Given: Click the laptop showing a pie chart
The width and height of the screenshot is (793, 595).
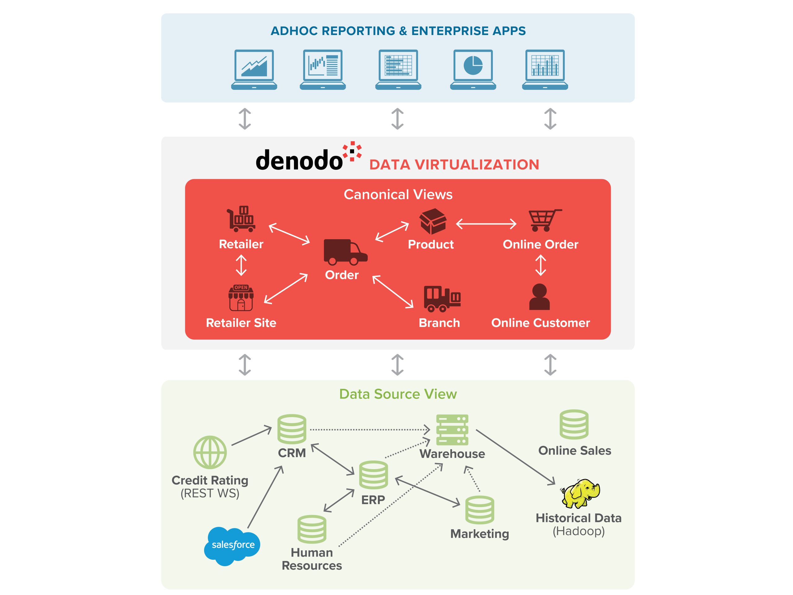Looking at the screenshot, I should click(x=473, y=69).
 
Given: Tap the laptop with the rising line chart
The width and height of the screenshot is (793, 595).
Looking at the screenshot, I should click(x=254, y=69).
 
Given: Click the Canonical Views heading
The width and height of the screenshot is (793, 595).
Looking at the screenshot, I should click(x=398, y=194).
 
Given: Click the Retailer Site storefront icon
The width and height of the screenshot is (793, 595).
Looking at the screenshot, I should click(x=241, y=298).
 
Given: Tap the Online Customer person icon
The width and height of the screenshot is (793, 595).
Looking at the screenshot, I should click(x=539, y=297).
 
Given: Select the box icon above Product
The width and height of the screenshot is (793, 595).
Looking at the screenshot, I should click(x=433, y=221).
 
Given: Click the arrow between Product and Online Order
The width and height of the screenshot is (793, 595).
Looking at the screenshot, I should click(x=486, y=224).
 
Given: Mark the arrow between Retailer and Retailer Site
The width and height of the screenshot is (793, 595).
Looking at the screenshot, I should click(x=241, y=265).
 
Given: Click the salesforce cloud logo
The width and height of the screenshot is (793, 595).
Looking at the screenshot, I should click(x=232, y=545).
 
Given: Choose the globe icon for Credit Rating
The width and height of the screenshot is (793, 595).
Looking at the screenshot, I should click(x=210, y=452).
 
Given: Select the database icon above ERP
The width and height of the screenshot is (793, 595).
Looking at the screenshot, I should click(x=374, y=475).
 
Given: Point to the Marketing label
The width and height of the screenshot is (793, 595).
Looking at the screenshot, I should click(x=479, y=534).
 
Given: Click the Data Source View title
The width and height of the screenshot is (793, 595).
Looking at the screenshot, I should click(x=398, y=394).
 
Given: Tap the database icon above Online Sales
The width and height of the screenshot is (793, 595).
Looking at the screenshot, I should click(x=574, y=425).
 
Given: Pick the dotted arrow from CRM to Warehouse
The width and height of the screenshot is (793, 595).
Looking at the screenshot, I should click(x=369, y=429).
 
